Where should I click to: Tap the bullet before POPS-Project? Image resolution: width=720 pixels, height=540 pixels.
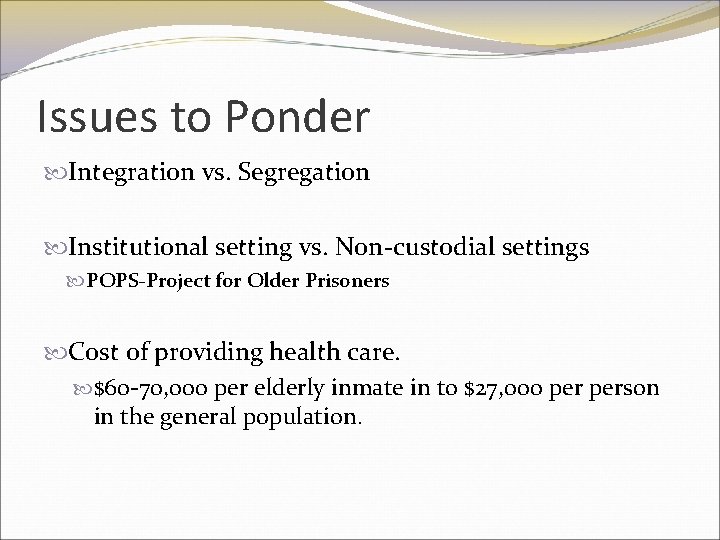pyautogui.click(x=79, y=283)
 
